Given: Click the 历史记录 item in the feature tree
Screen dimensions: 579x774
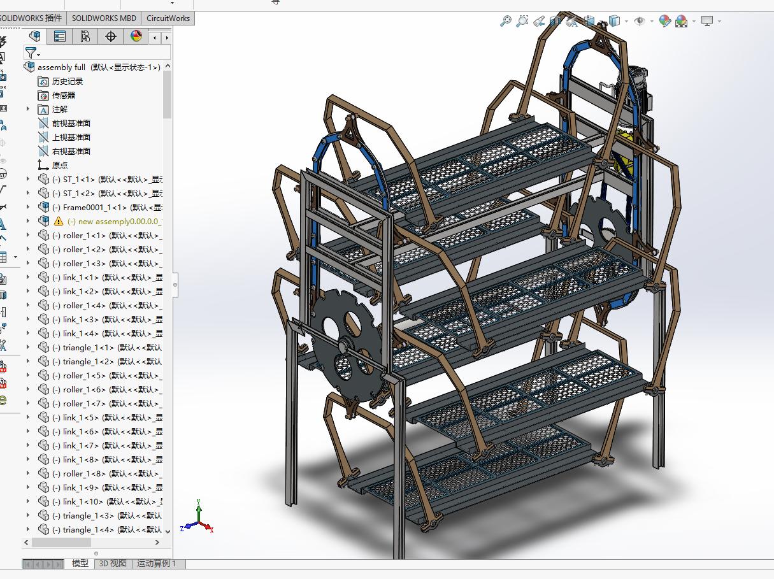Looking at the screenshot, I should [67, 81].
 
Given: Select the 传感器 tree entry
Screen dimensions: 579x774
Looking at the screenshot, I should [63, 95].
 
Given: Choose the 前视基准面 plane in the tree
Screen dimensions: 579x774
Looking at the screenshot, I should [71, 123].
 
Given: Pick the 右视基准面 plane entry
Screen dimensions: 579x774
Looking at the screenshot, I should [71, 151].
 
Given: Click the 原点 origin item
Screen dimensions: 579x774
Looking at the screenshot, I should [59, 165].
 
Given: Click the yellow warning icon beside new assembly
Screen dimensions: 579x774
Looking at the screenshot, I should [59, 221].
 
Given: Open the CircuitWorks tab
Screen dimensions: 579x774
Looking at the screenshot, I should [168, 18].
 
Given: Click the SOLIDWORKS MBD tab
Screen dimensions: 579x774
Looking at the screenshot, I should [104, 18].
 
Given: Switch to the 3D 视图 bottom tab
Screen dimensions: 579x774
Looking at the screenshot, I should [113, 564].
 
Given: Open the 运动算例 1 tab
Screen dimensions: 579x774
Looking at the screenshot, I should [157, 564].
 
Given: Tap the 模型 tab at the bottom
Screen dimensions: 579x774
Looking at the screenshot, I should [80, 564].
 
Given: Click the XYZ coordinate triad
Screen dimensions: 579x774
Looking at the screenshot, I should [200, 519].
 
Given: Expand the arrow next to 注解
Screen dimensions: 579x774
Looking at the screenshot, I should [27, 109].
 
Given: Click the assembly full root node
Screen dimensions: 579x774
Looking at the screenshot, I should [61, 67].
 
